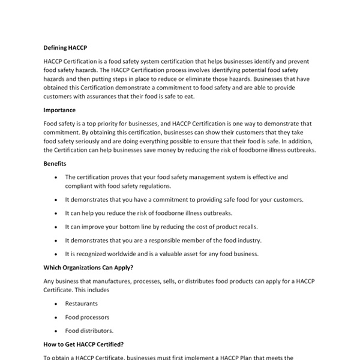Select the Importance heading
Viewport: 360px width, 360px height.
59,110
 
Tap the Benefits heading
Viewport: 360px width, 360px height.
55,163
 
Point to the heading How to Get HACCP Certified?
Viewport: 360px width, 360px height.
83,344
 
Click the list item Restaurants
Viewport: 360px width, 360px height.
81,304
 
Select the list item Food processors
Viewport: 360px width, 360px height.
87,317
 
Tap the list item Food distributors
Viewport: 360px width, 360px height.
89,331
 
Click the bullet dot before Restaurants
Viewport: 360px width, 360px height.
56,304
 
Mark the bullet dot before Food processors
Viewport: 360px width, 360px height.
56,317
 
